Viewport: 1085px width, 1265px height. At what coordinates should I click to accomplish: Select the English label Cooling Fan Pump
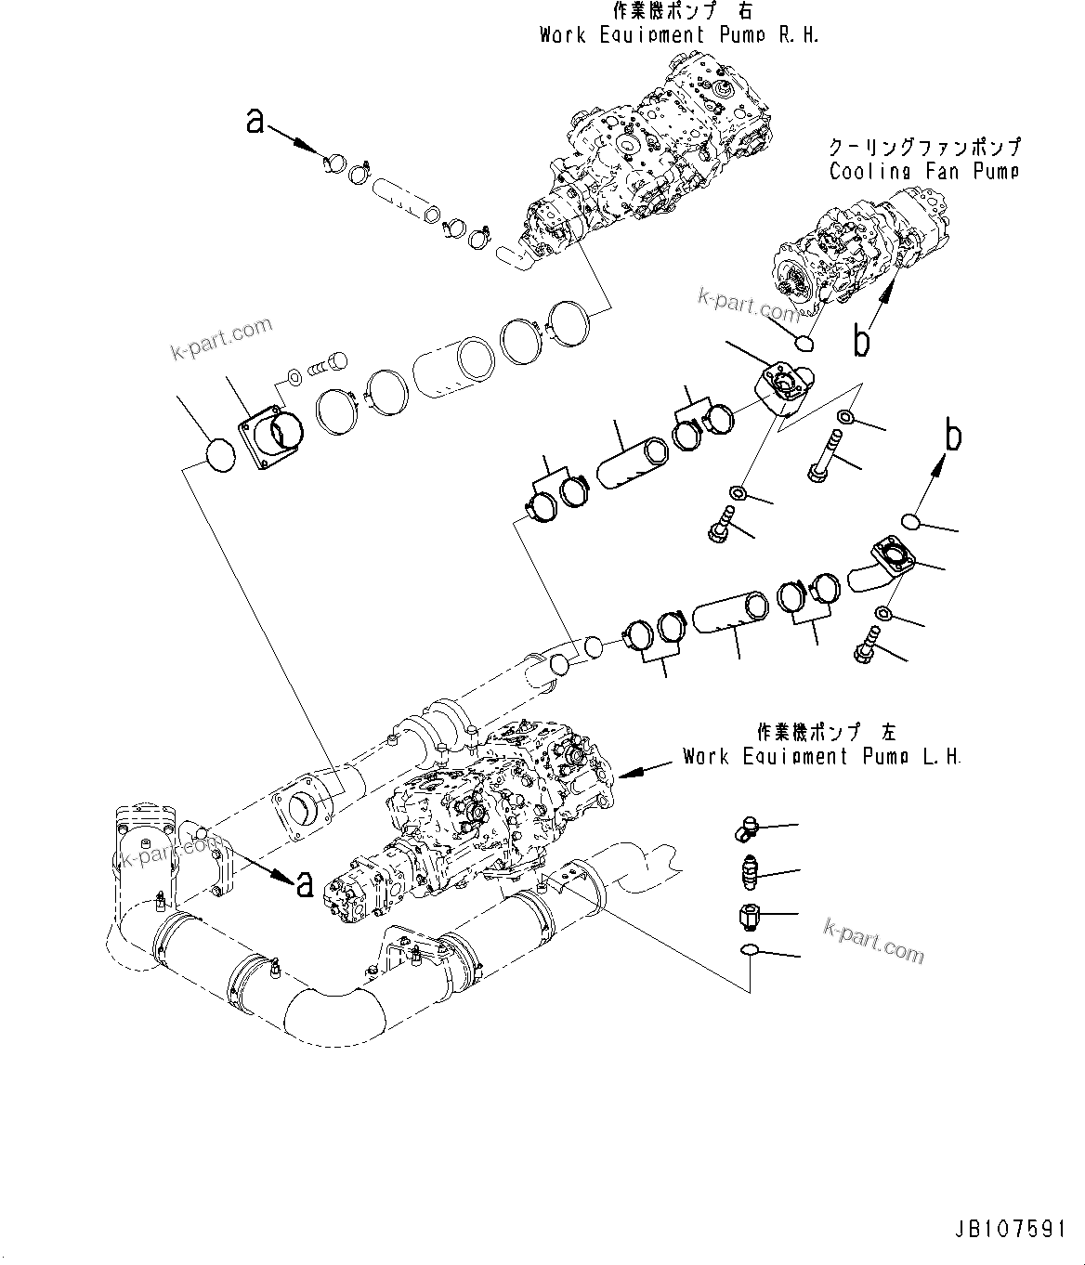point(923,171)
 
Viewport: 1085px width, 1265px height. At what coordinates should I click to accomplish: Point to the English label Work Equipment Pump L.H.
point(821,756)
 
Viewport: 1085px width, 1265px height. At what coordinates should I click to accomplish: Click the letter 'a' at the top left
point(255,122)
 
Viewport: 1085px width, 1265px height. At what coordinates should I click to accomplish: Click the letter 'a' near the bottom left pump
point(304,885)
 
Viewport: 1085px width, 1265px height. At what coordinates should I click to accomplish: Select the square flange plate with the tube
point(272,433)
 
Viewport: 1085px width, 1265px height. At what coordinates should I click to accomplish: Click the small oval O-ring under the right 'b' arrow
point(910,522)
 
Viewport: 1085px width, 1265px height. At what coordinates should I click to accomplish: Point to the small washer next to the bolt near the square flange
point(294,375)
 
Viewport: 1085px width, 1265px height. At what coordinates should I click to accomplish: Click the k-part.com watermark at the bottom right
point(874,940)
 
